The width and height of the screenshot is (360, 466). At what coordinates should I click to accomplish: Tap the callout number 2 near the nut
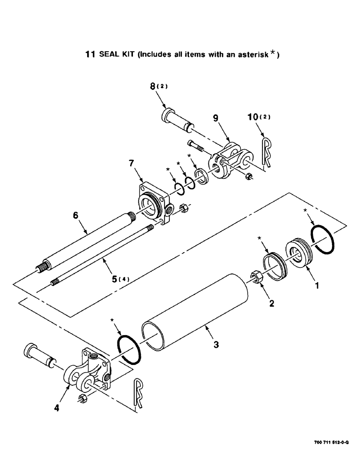pos(271,303)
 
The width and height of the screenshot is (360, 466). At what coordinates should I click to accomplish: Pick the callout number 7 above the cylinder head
pos(132,164)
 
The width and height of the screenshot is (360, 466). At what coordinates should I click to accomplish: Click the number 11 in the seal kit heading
pos(90,55)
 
